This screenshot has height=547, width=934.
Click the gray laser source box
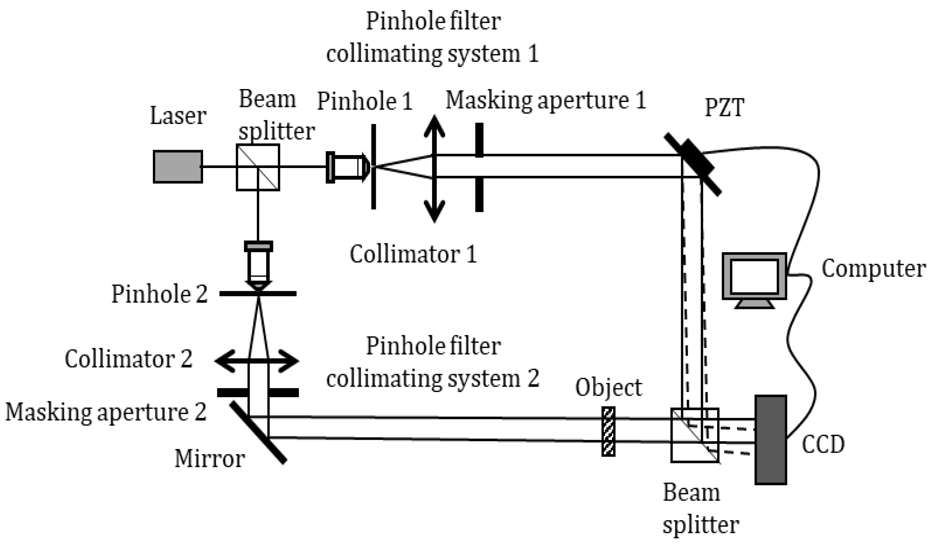pyautogui.click(x=178, y=167)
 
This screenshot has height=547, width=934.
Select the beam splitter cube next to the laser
pyautogui.click(x=258, y=167)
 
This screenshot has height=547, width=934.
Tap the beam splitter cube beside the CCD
pyautogui.click(x=694, y=435)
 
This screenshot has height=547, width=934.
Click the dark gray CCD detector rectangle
pyautogui.click(x=770, y=440)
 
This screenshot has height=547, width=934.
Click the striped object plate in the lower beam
pyautogui.click(x=608, y=432)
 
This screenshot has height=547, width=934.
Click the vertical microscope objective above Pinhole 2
pyautogui.click(x=258, y=265)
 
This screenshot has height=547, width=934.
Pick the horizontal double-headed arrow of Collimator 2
pyautogui.click(x=257, y=360)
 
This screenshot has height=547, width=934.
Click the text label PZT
pyautogui.click(x=724, y=108)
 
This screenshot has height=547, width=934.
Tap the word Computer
pyautogui.click(x=873, y=268)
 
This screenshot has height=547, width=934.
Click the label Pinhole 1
pyautogui.click(x=364, y=101)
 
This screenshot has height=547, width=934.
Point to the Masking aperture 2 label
pyautogui.click(x=106, y=412)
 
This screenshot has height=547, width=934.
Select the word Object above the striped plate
pyautogui.click(x=608, y=387)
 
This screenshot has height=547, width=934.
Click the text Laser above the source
pyautogui.click(x=178, y=116)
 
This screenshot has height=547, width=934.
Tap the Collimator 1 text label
pyautogui.click(x=413, y=254)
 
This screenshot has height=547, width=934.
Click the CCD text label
pyautogui.click(x=823, y=444)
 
